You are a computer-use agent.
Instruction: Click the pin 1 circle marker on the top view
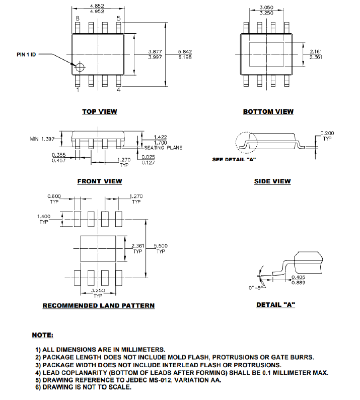[80, 66]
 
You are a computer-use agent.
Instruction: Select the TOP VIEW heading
[100, 111]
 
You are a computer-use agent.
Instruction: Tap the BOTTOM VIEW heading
[268, 111]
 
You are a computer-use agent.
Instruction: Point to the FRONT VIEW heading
[100, 181]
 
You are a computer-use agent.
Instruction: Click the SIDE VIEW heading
[272, 181]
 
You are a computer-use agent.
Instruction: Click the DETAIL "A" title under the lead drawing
[275, 305]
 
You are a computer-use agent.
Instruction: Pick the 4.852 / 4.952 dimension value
[97, 8]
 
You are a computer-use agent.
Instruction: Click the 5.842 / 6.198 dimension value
[185, 54]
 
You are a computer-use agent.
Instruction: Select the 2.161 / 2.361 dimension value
[316, 54]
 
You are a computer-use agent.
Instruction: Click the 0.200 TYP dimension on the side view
[327, 135]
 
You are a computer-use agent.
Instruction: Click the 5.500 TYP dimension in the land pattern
[161, 248]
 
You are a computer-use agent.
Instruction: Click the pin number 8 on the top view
[78, 19]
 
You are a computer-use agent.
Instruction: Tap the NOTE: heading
[43, 335]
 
